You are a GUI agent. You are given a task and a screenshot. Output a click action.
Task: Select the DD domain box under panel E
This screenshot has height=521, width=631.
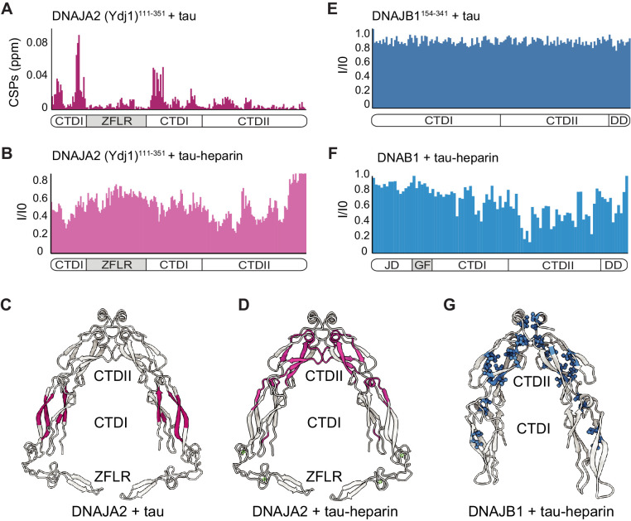(619, 121)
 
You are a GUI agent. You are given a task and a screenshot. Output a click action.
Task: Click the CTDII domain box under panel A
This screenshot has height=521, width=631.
(254, 121)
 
